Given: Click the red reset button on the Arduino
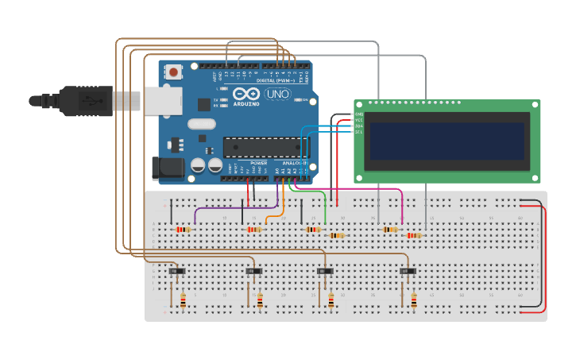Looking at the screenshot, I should (174, 72).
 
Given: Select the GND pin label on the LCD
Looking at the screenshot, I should (358, 114).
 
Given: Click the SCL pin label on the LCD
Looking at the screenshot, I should (358, 132).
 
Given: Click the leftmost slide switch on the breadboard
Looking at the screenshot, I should (176, 272).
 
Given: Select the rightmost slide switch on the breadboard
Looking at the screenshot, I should (407, 272).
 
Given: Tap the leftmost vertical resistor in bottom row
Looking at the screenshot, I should (183, 300).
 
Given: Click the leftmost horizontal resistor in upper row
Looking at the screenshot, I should (183, 230).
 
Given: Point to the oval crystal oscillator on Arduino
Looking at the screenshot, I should (202, 123).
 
